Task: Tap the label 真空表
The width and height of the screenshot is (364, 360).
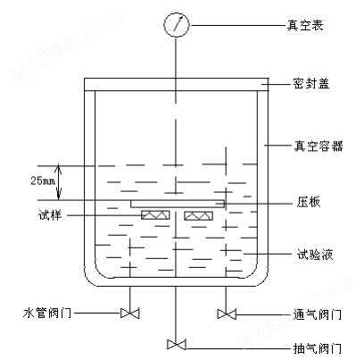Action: tap(305, 25)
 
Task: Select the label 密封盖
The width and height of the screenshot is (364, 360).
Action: tap(311, 84)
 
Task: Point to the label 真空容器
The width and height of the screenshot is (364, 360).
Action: tap(318, 146)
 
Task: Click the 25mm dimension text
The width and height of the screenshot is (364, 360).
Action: tap(43, 180)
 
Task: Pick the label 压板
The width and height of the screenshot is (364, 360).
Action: tap(308, 202)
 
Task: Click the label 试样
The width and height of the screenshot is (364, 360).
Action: tap(50, 214)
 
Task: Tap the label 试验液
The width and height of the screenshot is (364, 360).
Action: tap(315, 255)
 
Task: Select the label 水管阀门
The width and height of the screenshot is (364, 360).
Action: tap(47, 313)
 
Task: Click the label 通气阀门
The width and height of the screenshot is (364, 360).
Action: tap(317, 314)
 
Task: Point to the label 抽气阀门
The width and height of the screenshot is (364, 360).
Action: tap(317, 348)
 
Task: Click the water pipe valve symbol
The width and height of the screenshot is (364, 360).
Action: tap(129, 314)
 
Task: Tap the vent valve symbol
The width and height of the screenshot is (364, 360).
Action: tap(227, 314)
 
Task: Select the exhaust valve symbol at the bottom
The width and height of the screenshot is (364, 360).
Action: tap(177, 344)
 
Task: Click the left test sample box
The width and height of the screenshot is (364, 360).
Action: tap(155, 215)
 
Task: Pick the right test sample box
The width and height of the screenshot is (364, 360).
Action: tap(199, 215)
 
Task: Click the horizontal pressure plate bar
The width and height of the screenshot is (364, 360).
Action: tap(178, 204)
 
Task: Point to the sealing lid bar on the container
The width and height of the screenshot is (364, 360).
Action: tap(177, 84)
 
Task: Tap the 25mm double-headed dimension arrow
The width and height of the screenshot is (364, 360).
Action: tap(59, 181)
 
